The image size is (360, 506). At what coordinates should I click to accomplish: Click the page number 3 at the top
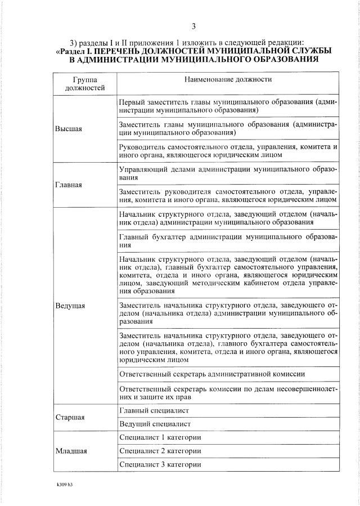pos(193,26)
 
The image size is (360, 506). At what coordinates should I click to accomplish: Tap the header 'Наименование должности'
pos(228,79)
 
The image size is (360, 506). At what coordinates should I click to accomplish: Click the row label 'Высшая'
pos(69,129)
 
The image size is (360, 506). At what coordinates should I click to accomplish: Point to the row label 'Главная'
pos(69,184)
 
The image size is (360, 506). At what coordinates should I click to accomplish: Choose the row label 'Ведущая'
pos(70,306)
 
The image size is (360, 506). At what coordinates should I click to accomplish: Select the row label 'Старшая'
pos(70,418)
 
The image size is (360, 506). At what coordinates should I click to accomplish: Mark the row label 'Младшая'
pos(70,451)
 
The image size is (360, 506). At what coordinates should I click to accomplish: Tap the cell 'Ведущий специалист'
pos(155,424)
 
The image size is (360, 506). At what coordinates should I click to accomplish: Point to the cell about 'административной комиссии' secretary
pos(213,374)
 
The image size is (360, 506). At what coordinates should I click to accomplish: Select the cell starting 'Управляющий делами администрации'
pos(228,172)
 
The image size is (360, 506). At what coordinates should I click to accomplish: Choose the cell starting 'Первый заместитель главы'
pos(228,106)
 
